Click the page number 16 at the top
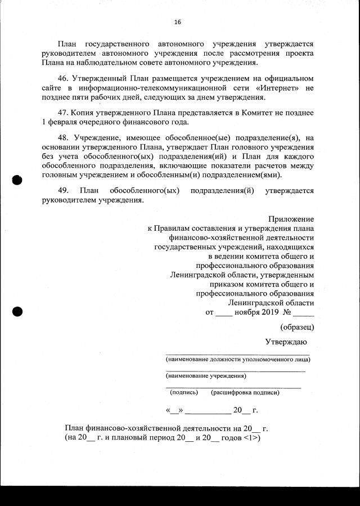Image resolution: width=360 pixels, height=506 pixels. tap(178, 23)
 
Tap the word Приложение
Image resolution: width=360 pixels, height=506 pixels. tap(291, 218)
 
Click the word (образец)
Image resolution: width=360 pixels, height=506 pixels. tap(297, 326)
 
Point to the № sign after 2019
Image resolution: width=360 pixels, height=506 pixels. tap(287, 311)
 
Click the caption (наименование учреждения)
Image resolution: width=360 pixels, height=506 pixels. tap(206, 375)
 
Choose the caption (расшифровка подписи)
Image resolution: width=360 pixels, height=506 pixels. tap(245, 392)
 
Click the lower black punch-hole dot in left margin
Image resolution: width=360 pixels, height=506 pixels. tap(17, 311)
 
